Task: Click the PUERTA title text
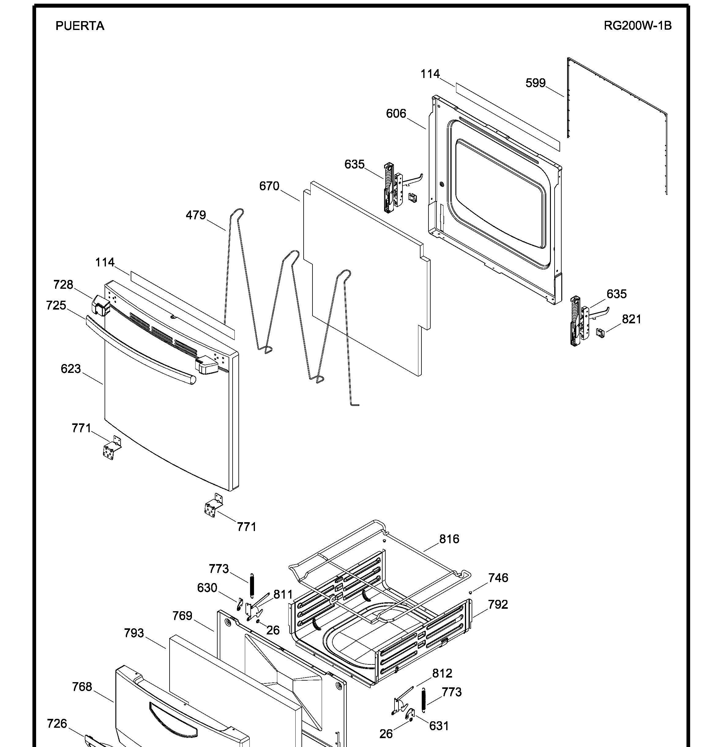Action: click(x=80, y=26)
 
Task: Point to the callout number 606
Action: click(x=396, y=113)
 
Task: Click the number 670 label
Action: click(x=269, y=186)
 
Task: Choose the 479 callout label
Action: click(x=196, y=215)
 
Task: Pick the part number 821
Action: click(x=631, y=319)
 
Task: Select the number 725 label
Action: click(x=56, y=305)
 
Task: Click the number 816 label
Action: click(x=449, y=539)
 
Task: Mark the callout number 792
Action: click(x=498, y=604)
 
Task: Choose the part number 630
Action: click(x=207, y=588)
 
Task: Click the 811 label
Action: click(x=283, y=595)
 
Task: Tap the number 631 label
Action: click(x=439, y=726)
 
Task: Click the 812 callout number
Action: click(x=442, y=674)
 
